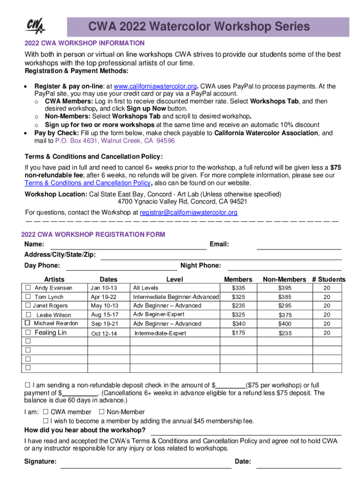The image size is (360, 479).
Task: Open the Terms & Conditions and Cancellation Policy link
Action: click(87, 183)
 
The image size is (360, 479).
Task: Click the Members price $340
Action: click(238, 324)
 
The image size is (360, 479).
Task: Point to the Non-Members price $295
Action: click(284, 306)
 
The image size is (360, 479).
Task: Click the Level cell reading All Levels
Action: click(146, 288)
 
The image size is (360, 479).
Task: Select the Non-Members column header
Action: click(284, 279)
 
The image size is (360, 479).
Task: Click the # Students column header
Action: click(329, 279)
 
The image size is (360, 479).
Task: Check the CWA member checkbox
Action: click(45, 412)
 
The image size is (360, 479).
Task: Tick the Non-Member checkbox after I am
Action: click(101, 412)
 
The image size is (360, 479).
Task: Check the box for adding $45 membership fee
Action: click(53, 421)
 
